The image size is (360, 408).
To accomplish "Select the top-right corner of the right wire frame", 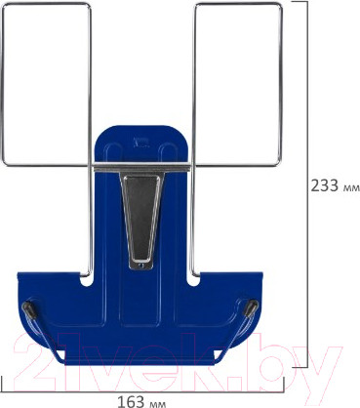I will coord(283,5).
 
